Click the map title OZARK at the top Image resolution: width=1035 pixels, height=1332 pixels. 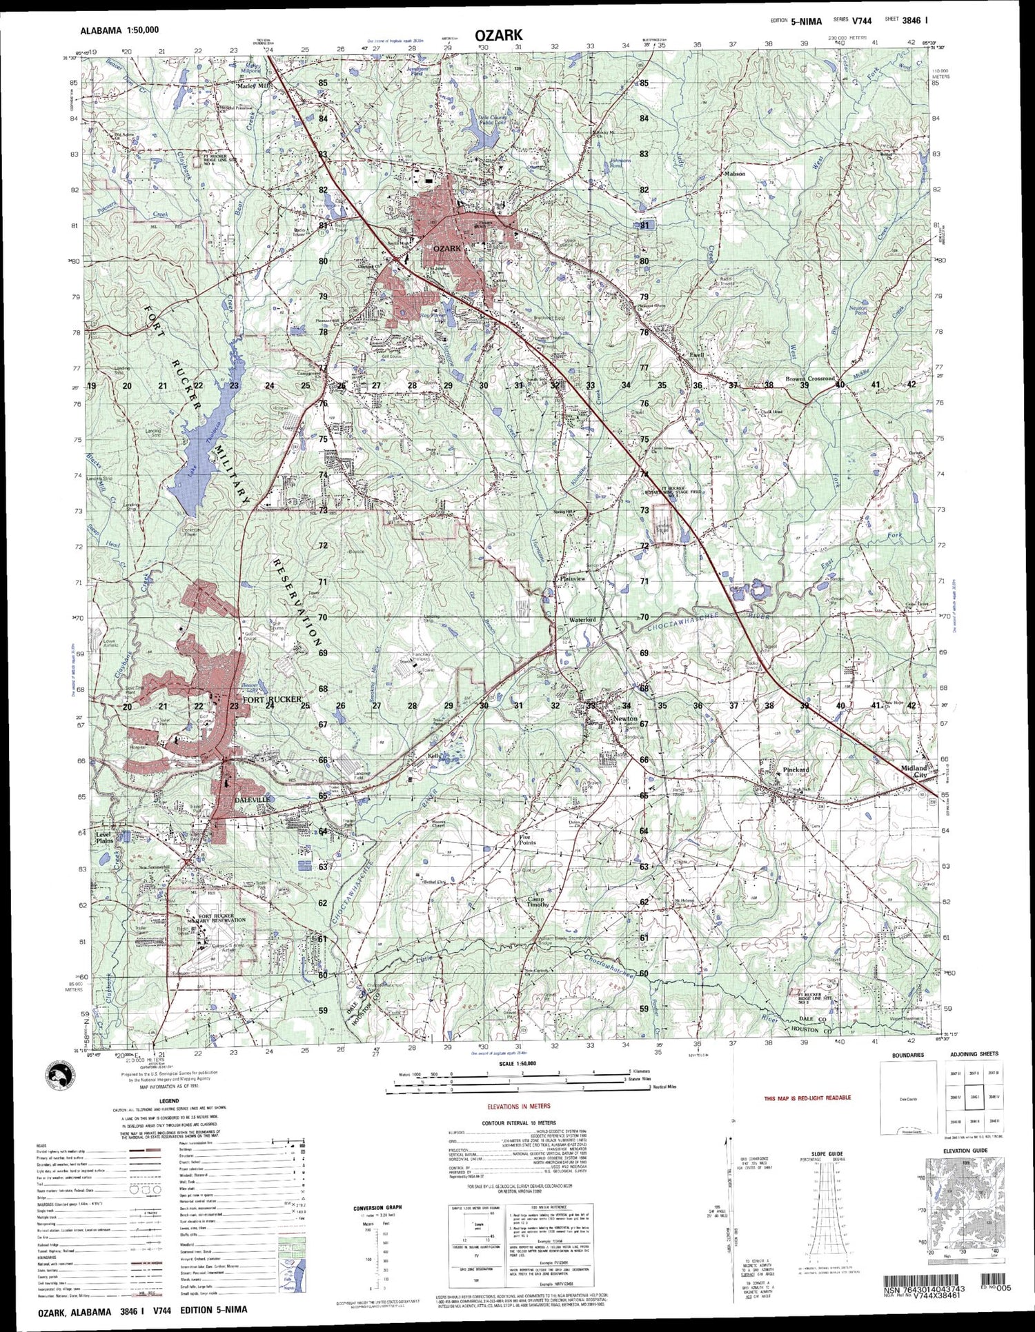(x=498, y=35)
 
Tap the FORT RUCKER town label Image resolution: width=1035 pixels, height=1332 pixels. (x=271, y=699)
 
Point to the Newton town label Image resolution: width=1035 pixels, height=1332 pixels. (x=625, y=718)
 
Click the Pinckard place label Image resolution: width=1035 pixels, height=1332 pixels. (x=796, y=769)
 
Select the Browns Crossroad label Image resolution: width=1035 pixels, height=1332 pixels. (x=810, y=379)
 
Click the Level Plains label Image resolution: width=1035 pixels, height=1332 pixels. (x=105, y=837)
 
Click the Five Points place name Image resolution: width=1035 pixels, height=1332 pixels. (x=527, y=839)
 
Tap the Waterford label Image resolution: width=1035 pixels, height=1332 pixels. (x=582, y=620)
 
